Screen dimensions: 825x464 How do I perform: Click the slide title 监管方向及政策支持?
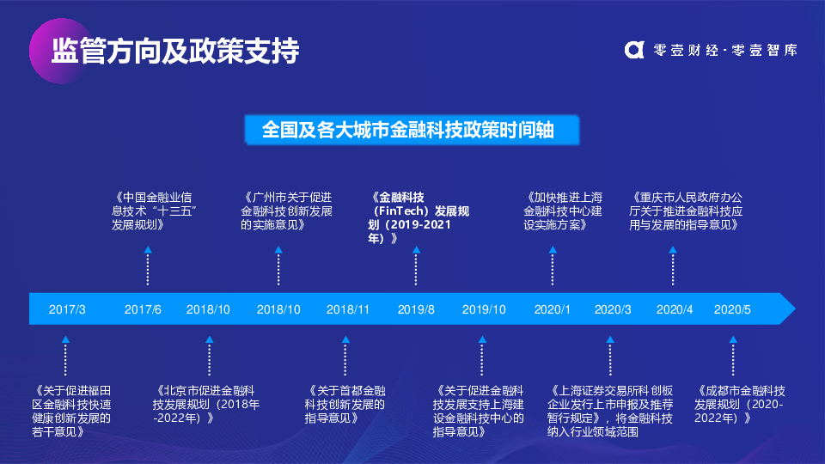[x=175, y=51]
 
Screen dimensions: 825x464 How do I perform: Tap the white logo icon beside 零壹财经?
[x=634, y=50]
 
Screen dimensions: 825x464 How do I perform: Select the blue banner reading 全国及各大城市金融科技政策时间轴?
[x=412, y=130]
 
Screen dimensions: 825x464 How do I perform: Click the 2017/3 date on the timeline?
[x=67, y=309]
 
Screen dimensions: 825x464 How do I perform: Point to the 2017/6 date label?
[x=143, y=309]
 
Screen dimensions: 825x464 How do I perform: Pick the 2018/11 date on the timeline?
[x=348, y=309]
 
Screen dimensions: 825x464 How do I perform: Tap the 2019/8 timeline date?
[x=416, y=309]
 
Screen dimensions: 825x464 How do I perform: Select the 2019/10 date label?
[x=484, y=309]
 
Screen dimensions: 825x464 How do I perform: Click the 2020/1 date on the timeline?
[x=552, y=309]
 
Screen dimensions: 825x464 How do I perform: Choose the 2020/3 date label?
[x=613, y=309]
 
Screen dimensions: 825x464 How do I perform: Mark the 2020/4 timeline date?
[x=675, y=309]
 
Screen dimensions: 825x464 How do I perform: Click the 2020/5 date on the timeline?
[x=732, y=309]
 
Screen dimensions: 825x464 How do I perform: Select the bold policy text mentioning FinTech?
[x=419, y=217]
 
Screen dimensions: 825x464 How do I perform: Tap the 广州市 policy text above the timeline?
[x=287, y=211]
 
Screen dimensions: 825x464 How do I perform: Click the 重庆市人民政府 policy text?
[x=686, y=211]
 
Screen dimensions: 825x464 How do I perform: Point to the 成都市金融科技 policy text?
[x=739, y=404]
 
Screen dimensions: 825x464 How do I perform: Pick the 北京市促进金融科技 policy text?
[x=205, y=404]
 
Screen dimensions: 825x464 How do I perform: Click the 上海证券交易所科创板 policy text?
[x=610, y=411]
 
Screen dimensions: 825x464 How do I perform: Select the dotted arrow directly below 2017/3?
[x=65, y=356]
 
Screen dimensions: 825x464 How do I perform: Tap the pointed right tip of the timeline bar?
[x=795, y=308]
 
